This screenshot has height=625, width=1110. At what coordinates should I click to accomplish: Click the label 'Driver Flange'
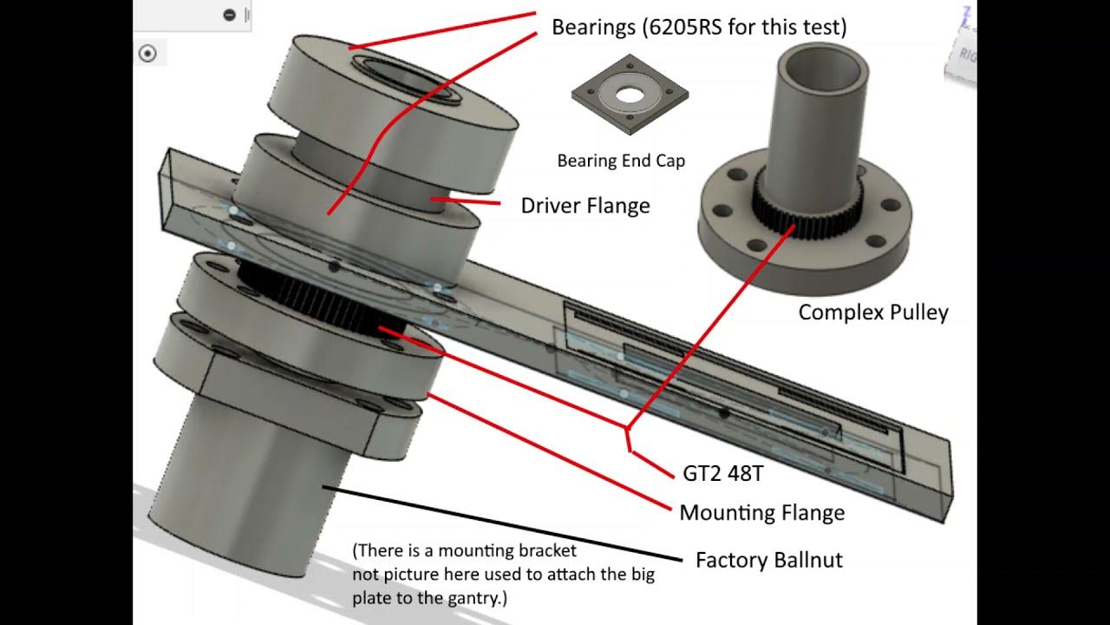coord(584,206)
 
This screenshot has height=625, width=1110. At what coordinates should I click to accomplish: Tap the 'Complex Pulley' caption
coord(872,312)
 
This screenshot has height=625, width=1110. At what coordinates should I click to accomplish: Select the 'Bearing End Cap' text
coord(620,161)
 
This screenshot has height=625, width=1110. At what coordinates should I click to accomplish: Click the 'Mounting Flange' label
coord(761,513)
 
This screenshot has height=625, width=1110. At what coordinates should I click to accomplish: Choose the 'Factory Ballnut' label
coord(768,560)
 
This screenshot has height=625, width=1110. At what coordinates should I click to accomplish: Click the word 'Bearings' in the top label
coord(593,27)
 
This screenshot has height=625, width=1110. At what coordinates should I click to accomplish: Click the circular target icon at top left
coord(147,54)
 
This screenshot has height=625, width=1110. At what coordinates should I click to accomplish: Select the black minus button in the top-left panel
coord(229,15)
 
